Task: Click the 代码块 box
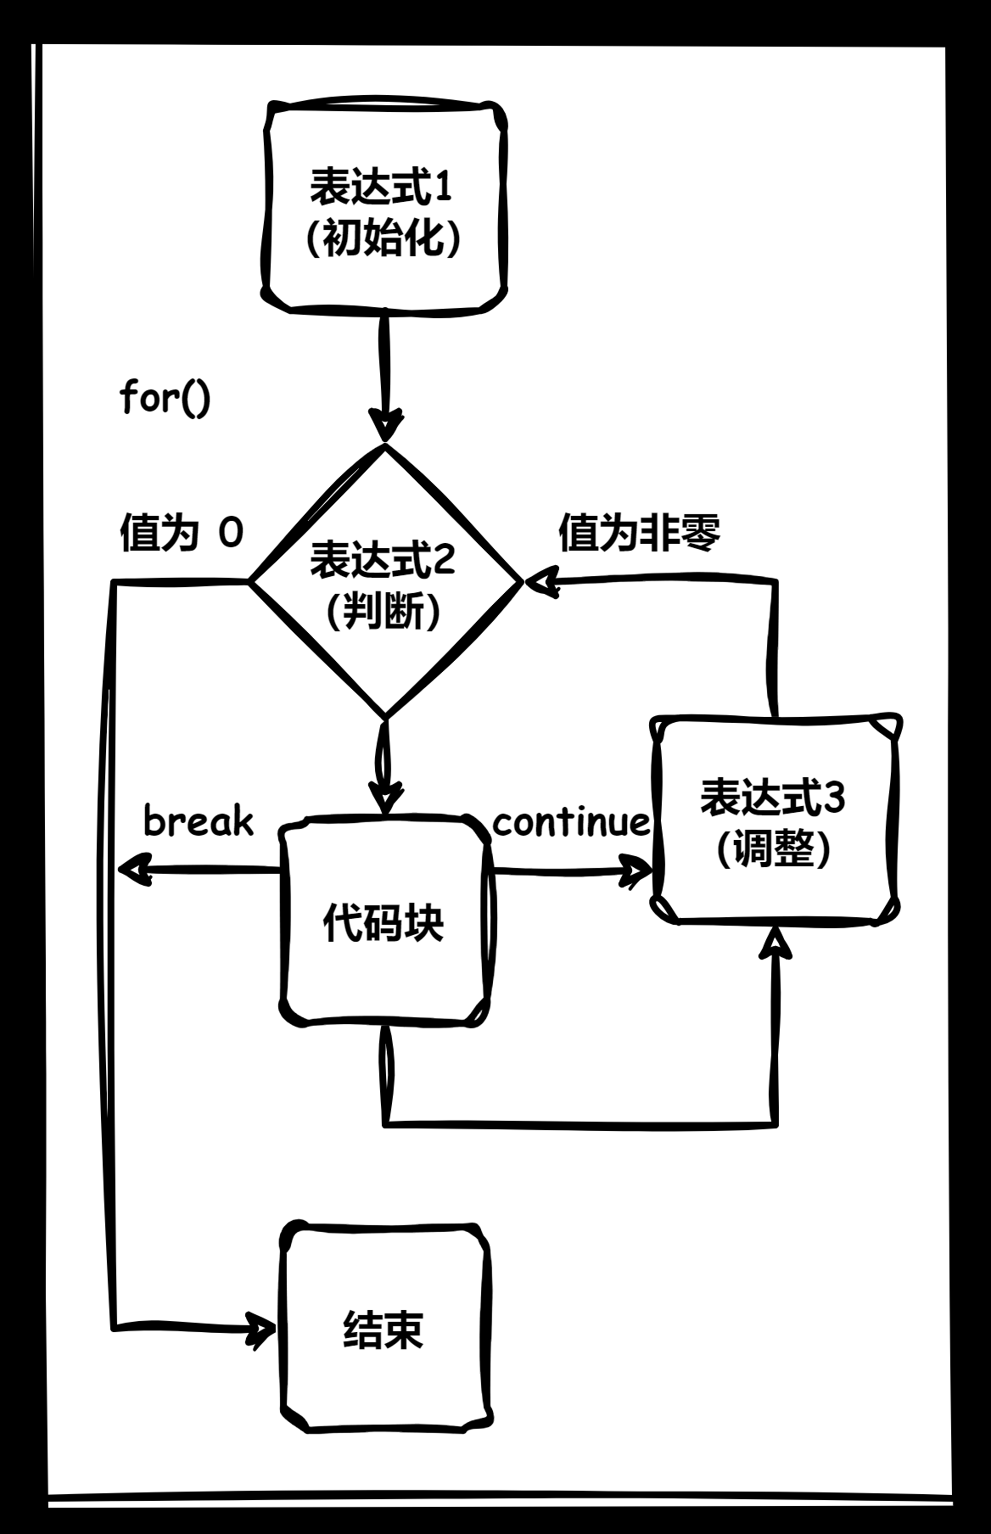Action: coord(384,922)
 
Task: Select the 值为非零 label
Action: coord(639,533)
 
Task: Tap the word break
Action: coord(198,820)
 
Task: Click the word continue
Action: coord(571,821)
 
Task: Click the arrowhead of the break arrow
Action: coord(131,870)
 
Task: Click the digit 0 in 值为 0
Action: coord(231,533)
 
